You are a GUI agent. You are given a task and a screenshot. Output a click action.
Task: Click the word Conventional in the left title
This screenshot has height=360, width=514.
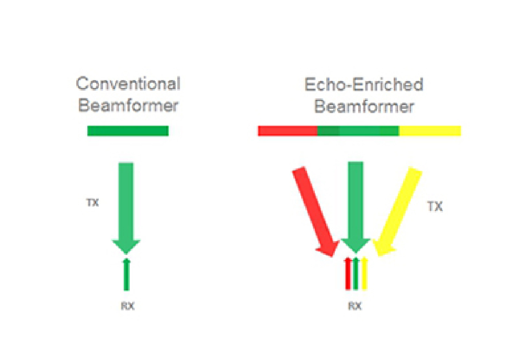tap(128, 84)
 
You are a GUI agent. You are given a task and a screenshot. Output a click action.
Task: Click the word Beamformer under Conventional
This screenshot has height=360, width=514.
tap(128, 106)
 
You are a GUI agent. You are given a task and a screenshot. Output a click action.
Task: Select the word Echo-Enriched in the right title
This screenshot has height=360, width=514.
tap(364, 85)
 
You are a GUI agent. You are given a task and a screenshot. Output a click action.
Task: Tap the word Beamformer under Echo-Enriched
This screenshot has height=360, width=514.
tap(364, 107)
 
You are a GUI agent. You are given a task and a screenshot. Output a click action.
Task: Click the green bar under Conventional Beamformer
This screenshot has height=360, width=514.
tap(128, 131)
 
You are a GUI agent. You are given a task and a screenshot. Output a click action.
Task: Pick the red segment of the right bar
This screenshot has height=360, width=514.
tap(288, 131)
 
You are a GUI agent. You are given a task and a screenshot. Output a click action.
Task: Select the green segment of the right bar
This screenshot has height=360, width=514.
tap(358, 131)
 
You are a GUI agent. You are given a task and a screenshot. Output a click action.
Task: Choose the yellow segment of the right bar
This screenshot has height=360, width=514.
tap(430, 131)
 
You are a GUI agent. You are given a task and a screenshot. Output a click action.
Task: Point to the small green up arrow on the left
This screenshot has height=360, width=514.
tap(126, 275)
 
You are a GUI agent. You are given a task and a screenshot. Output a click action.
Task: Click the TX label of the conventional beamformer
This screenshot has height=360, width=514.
tap(92, 203)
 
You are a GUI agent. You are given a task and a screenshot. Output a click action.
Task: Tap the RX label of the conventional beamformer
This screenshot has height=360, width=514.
tap(127, 307)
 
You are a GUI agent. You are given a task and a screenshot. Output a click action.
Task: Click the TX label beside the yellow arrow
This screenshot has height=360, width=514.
tap(435, 207)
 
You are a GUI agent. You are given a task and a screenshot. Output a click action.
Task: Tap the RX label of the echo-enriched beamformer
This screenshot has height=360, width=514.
tap(355, 307)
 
